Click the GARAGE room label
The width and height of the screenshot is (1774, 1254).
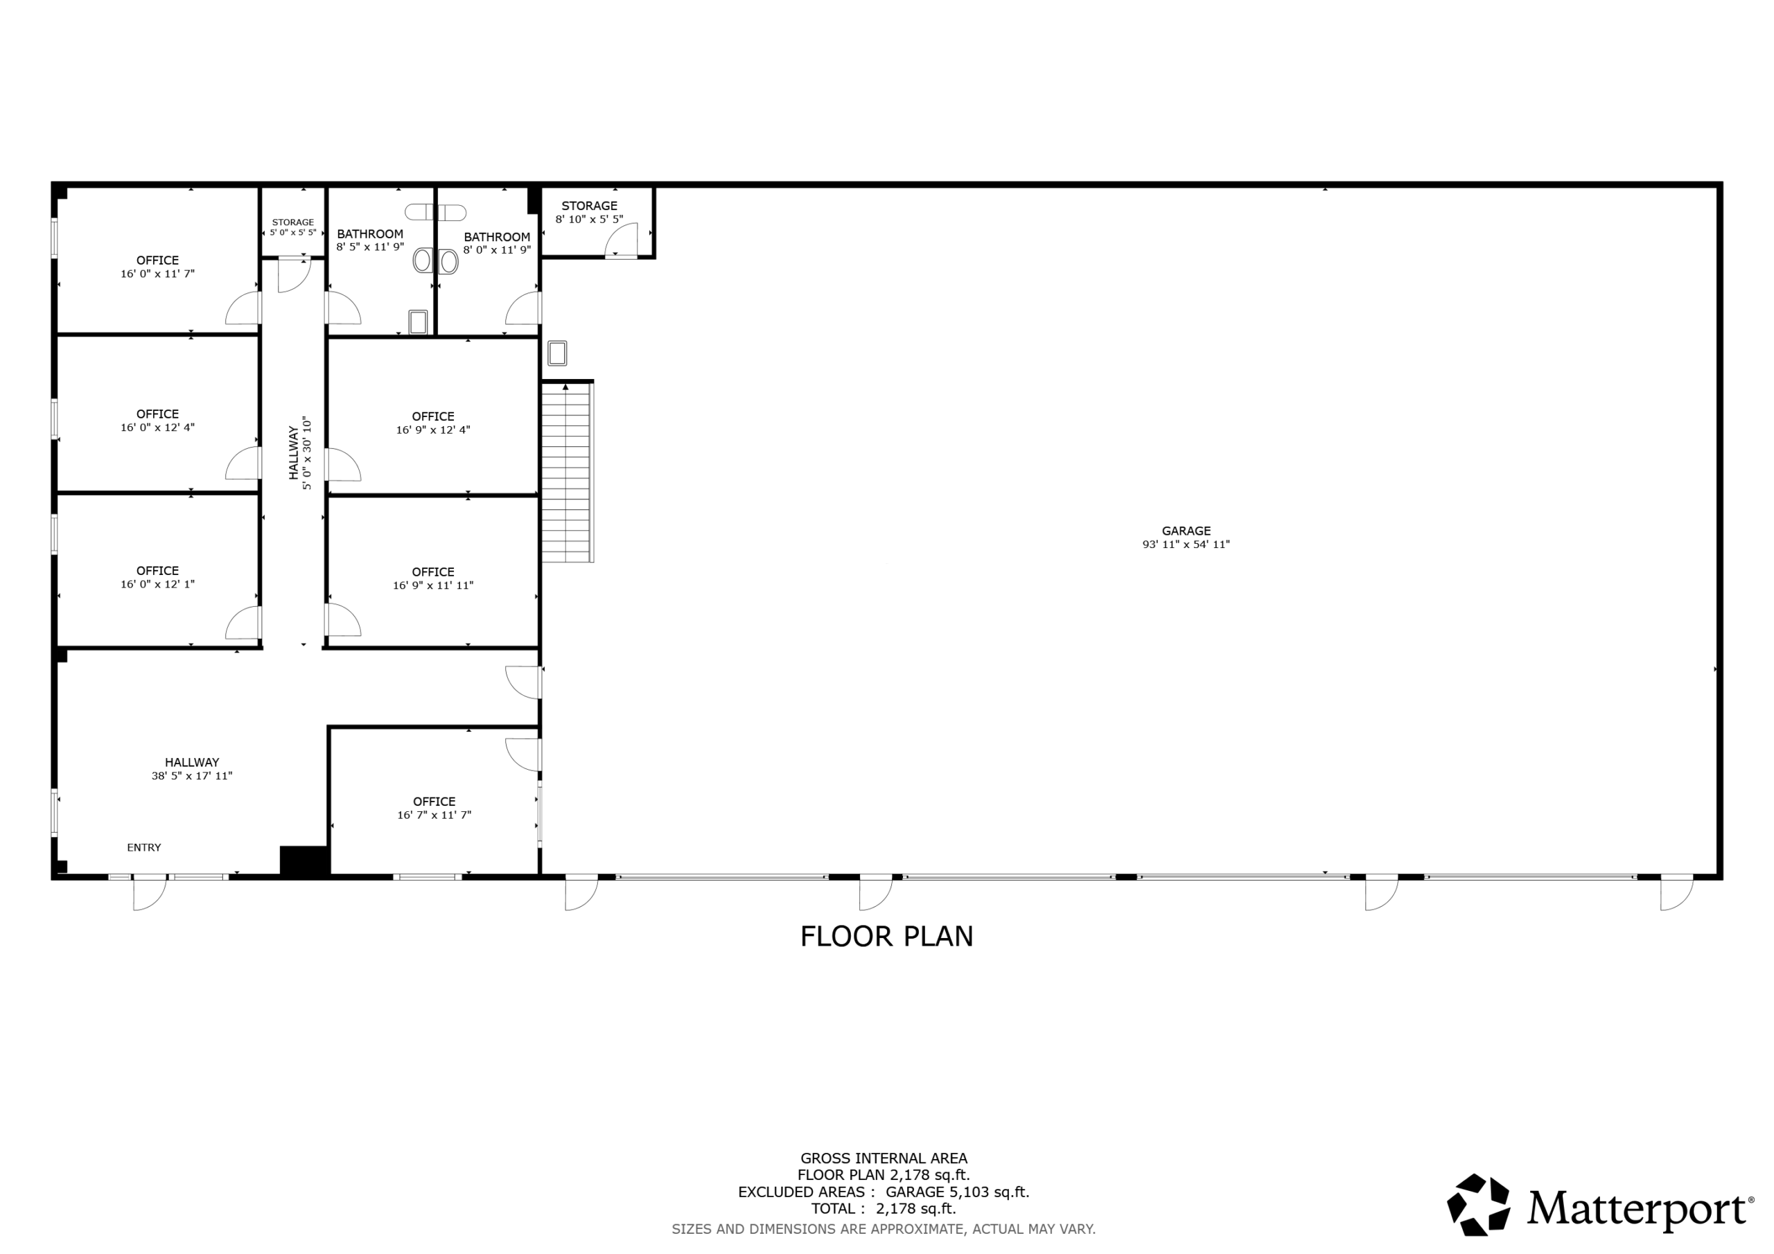coord(1185,531)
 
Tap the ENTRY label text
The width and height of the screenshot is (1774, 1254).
coord(143,847)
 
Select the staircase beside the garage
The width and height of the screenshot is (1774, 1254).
coord(567,471)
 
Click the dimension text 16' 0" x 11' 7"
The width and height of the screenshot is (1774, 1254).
coord(157,274)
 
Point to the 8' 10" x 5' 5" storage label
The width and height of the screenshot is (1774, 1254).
coord(589,213)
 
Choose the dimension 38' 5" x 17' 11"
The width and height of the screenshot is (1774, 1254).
coord(192,776)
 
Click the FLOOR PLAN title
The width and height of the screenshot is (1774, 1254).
coord(886,937)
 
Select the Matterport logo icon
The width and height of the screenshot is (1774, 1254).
coord(1478,1205)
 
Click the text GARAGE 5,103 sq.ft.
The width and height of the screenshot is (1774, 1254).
coord(957,1192)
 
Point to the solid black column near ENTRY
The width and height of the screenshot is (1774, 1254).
coord(305,860)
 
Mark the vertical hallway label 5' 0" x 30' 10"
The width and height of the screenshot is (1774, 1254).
coord(307,453)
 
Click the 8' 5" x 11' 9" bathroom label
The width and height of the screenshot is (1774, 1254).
coord(370,240)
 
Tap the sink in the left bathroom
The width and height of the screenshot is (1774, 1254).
coord(418,322)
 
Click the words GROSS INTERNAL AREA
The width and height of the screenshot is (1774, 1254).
coord(884,1158)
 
